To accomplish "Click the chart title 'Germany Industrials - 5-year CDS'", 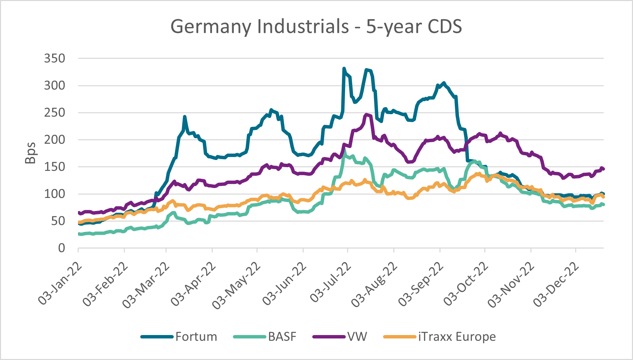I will click(x=316, y=27).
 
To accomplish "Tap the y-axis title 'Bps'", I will click(x=31, y=153).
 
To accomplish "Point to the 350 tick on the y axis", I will click(x=54, y=58).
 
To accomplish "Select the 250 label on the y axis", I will click(x=54, y=112).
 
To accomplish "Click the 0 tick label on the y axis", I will click(x=62, y=248).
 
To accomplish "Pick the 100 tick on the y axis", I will click(x=54, y=194).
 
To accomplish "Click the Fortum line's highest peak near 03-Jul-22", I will click(x=344, y=68).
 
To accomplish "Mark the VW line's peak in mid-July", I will click(x=367, y=115).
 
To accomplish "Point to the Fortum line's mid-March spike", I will click(x=185, y=117).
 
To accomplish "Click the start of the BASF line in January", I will click(x=79, y=234).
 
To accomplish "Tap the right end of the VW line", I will click(x=603, y=169).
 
